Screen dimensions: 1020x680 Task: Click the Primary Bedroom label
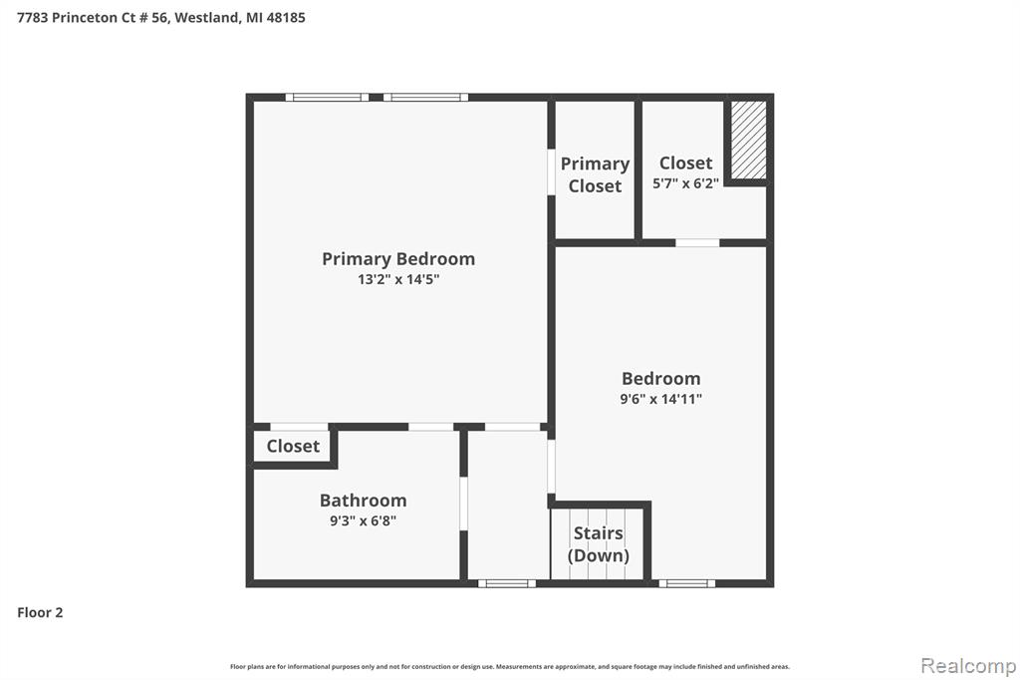pos(398,259)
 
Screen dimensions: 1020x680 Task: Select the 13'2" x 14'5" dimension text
pos(398,279)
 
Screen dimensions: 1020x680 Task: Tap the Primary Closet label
pos(595,174)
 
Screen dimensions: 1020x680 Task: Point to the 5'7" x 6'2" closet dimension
pos(685,183)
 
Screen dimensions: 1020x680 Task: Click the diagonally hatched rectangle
pos(749,140)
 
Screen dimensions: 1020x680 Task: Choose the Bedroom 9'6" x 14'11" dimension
pos(661,399)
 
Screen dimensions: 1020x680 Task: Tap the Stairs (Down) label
pos(598,543)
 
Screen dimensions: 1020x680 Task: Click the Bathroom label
pos(363,501)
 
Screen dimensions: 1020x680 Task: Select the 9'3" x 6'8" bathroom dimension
pos(363,521)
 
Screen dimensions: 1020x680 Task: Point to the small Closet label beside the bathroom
pos(293,446)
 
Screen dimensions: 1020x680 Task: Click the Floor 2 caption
pos(40,612)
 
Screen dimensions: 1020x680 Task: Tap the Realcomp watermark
pos(968,666)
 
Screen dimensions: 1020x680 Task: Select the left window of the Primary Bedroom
pos(327,98)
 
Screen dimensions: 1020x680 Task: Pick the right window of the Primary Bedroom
pos(425,98)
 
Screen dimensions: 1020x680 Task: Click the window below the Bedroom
pos(687,583)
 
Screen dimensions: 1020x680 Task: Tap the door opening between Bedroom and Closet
pos(697,243)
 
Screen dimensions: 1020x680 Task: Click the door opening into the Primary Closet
pos(551,171)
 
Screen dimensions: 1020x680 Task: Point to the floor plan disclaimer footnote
pos(510,667)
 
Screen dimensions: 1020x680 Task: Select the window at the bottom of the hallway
pos(507,583)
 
